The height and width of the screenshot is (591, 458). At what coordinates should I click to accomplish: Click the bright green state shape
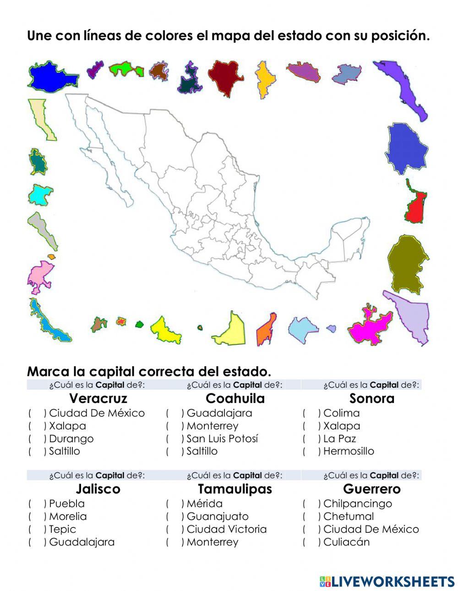[x=125, y=69]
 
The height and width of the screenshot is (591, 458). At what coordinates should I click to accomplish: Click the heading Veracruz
[x=98, y=398]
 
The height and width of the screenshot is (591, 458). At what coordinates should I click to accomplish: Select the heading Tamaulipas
[x=234, y=489]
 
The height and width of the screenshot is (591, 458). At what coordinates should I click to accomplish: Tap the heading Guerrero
[x=371, y=489]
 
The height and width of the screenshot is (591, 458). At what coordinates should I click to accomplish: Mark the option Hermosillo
[x=348, y=451]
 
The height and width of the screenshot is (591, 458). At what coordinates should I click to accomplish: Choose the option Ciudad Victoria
[x=226, y=529]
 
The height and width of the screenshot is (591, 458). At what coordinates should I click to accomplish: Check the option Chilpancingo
[x=357, y=504]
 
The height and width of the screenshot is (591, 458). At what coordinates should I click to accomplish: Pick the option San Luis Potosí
[x=222, y=439]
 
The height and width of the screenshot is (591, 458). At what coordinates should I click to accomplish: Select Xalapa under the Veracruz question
[x=67, y=426]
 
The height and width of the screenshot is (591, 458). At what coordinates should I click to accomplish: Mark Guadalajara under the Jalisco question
[x=82, y=542]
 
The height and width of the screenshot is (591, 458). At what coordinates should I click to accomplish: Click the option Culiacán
[x=346, y=542]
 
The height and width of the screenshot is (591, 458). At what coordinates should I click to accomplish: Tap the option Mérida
[x=204, y=504]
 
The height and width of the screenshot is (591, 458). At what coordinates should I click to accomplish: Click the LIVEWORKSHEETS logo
[x=387, y=581]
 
